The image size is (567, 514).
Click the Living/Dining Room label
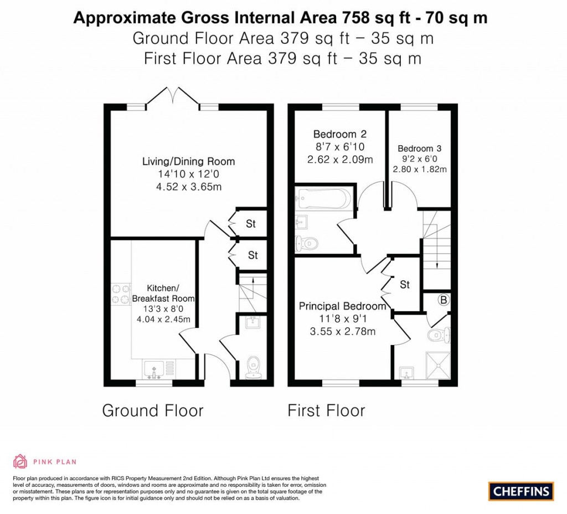click(188, 162)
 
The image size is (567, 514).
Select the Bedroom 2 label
click(340, 134)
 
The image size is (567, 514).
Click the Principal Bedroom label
click(342, 306)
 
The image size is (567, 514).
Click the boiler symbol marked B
click(443, 300)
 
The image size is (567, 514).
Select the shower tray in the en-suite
click(437, 364)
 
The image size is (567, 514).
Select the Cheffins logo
click(520, 491)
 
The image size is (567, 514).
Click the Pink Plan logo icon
click(20, 461)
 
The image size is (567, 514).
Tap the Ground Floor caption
click(153, 410)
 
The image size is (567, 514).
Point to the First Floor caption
click(326, 410)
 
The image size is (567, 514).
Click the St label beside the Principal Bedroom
click(405, 285)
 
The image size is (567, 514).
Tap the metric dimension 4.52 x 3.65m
click(189, 187)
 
